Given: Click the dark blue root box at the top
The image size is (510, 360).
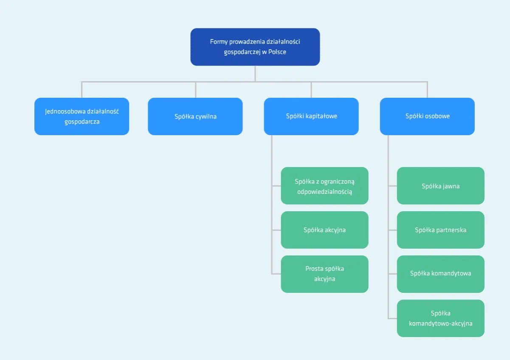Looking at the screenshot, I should [x=255, y=47].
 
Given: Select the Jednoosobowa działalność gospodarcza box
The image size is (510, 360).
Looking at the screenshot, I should [x=82, y=116].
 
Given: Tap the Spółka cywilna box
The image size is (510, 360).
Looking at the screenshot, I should [x=195, y=116].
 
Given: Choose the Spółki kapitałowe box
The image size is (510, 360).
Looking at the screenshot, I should [x=311, y=116].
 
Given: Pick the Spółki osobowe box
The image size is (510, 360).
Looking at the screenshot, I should [x=427, y=116].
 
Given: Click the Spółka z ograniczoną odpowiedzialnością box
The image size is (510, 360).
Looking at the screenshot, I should [x=324, y=186].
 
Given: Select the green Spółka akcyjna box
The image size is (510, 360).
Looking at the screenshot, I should [x=324, y=230].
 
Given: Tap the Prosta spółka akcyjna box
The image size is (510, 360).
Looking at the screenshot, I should [x=324, y=274].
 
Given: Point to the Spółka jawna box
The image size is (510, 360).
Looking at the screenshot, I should [x=440, y=186].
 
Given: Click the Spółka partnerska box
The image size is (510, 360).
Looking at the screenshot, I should [x=440, y=230].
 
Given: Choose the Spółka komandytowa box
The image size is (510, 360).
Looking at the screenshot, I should [x=440, y=274].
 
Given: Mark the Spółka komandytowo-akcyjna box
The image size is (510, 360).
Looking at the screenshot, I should [x=440, y=318].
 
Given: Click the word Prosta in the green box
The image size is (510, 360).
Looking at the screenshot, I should [x=314, y=269].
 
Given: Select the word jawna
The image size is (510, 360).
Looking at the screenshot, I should [x=451, y=186].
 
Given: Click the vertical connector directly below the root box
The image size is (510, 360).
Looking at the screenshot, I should [x=255, y=73].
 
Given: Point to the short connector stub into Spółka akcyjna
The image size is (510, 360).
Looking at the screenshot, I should [x=276, y=230].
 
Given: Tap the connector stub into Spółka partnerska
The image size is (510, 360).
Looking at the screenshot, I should [x=392, y=230].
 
